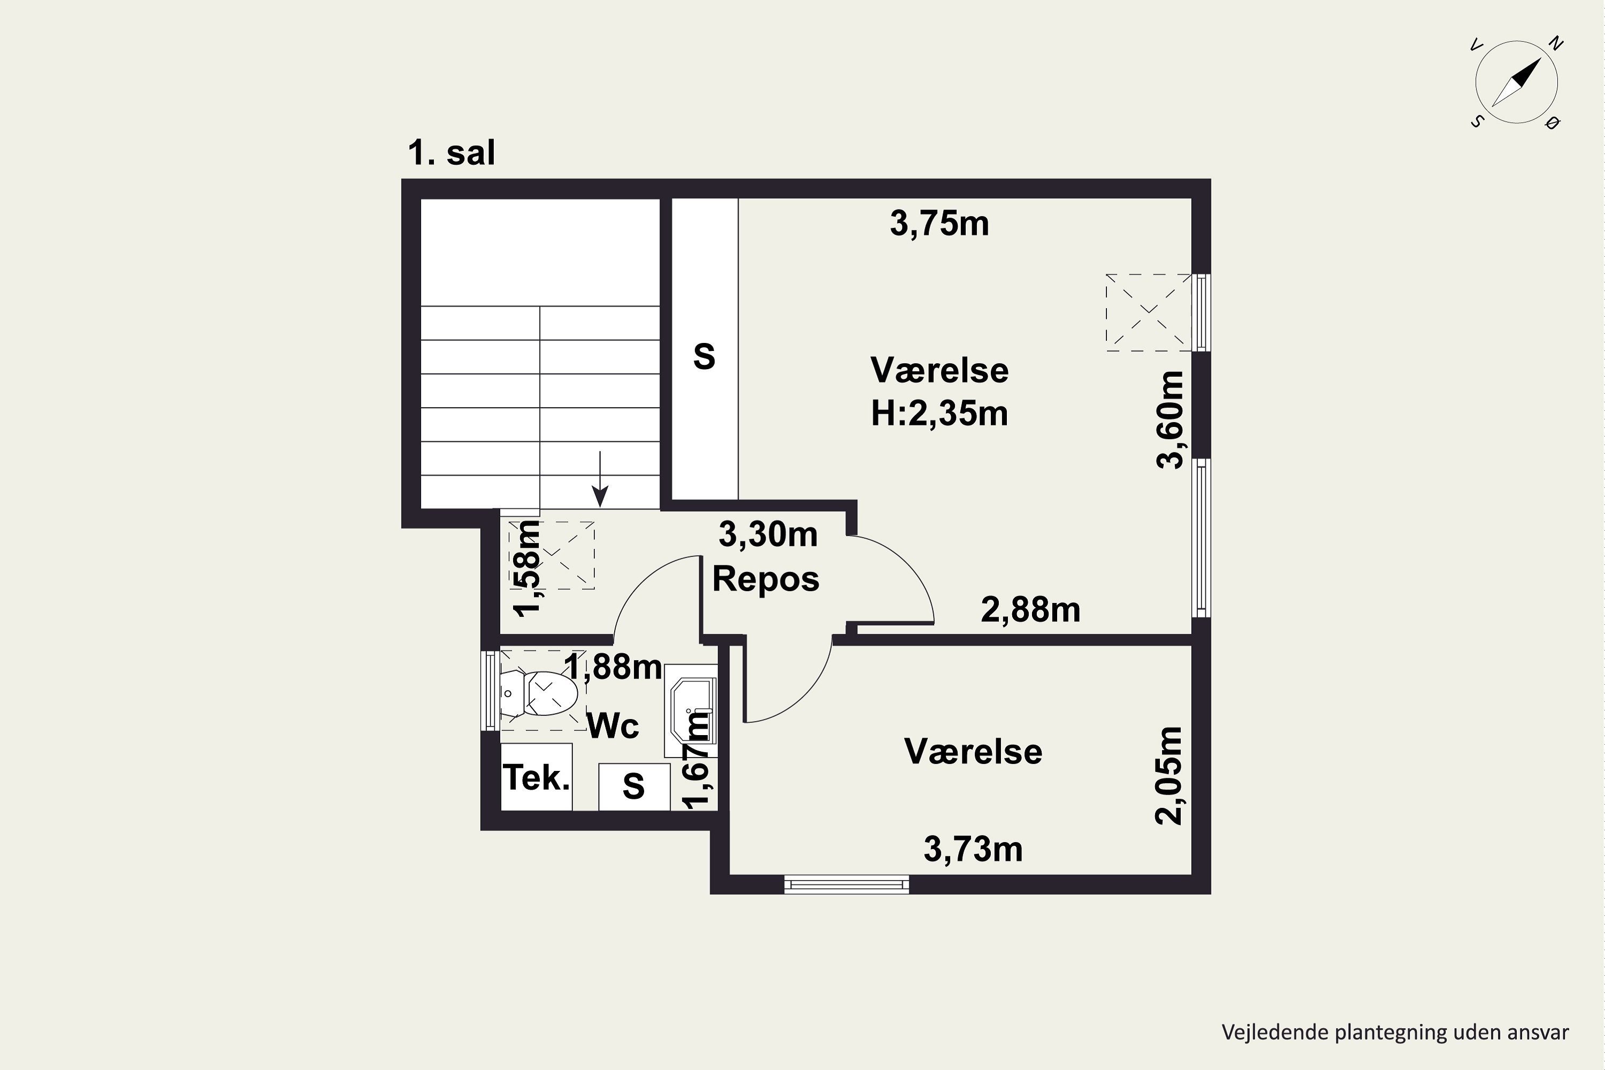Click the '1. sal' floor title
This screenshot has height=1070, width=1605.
pyautogui.click(x=451, y=153)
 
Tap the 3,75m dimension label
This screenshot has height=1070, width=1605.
pyautogui.click(x=939, y=224)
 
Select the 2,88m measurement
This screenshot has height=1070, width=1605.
pyautogui.click(x=1030, y=610)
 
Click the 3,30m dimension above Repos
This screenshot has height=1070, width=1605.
pyautogui.click(x=768, y=534)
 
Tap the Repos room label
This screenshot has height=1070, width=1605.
pyautogui.click(x=766, y=579)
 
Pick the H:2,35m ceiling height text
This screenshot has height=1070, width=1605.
pyautogui.click(x=939, y=414)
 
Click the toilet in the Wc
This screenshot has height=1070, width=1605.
pyautogui.click(x=539, y=693)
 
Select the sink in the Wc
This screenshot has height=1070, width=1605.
pyautogui.click(x=691, y=710)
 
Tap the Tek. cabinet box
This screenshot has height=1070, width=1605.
pyautogui.click(x=537, y=777)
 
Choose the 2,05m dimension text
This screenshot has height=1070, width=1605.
pyautogui.click(x=1168, y=775)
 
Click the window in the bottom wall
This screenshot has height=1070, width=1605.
pyautogui.click(x=846, y=885)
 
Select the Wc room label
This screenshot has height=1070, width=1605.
pyautogui.click(x=613, y=725)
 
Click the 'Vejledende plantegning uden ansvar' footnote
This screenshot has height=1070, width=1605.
pyautogui.click(x=1395, y=1033)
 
